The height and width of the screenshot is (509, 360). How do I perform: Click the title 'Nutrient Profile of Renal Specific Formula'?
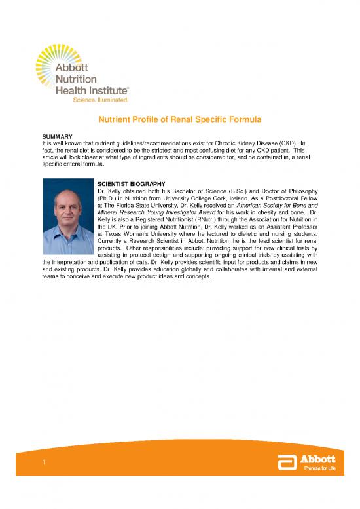click(179, 121)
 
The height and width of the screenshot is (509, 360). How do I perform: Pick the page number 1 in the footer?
click(41, 463)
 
